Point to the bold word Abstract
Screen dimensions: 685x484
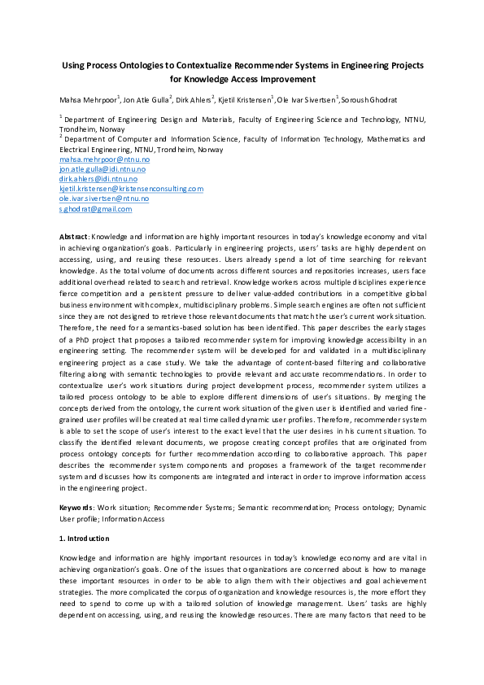point(74,236)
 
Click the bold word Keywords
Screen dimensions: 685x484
point(76,508)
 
